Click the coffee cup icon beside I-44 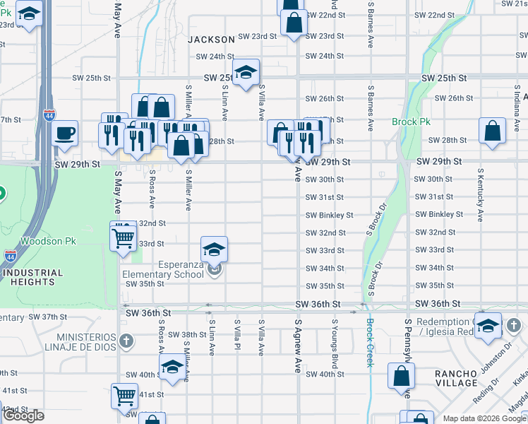(66, 132)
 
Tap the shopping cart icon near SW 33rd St (124, 236)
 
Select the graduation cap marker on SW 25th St (246, 72)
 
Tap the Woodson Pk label (48, 241)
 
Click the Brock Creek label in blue (368, 343)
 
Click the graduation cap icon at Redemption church (487, 326)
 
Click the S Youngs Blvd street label (335, 344)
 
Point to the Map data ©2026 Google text (484, 418)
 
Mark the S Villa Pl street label (236, 337)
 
